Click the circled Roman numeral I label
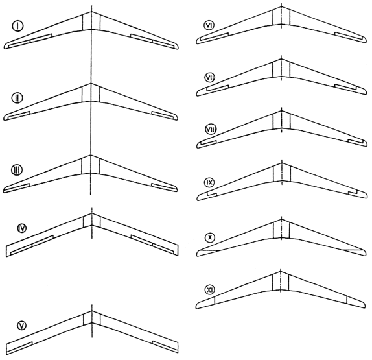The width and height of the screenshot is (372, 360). pyautogui.click(x=17, y=26)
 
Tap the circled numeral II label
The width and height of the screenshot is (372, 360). pyautogui.click(x=17, y=98)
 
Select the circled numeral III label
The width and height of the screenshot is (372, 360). pyautogui.click(x=17, y=170)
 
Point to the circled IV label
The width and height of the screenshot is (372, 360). pyautogui.click(x=22, y=228)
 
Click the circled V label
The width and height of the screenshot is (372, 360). pyautogui.click(x=22, y=326)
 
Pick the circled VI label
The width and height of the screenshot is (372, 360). pyautogui.click(x=209, y=25)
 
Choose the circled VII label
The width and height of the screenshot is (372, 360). pyautogui.click(x=209, y=78)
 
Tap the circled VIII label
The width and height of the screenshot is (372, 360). pyautogui.click(x=211, y=130)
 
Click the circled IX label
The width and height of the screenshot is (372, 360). pyautogui.click(x=209, y=182)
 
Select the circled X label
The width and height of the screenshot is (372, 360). pyautogui.click(x=209, y=237)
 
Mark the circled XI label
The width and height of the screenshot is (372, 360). pyautogui.click(x=209, y=289)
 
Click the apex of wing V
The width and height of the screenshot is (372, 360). pyautogui.click(x=91, y=311)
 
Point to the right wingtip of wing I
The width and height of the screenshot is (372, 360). pyautogui.click(x=178, y=47)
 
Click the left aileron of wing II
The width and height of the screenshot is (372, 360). pyautogui.click(x=19, y=114)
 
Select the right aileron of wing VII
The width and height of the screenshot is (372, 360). pyautogui.click(x=345, y=87)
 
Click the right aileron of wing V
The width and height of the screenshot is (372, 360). pyautogui.click(x=165, y=346)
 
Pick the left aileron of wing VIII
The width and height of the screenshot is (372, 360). pyautogui.click(x=208, y=143)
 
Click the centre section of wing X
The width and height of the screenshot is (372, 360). pyautogui.click(x=281, y=230)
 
